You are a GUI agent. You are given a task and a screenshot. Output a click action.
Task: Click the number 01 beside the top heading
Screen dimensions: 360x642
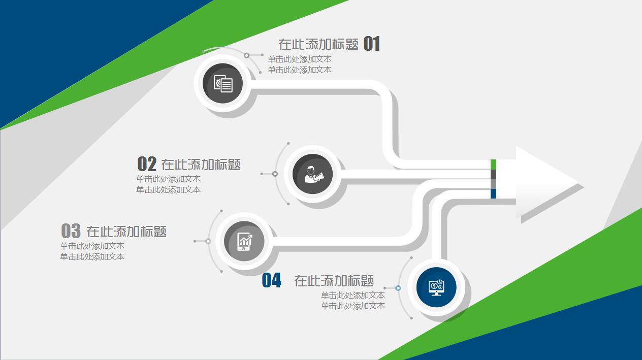tap(372, 44)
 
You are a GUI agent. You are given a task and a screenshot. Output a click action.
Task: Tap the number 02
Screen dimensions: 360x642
tap(147, 164)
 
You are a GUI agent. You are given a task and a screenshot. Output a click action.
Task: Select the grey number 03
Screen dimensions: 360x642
tap(71, 231)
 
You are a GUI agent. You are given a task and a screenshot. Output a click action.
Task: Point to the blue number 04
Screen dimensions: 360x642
tap(271, 280)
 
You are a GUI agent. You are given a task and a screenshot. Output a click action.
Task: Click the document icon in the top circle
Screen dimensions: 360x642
tap(223, 83)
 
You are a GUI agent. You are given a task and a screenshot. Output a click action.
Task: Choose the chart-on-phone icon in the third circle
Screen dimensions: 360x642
tap(245, 241)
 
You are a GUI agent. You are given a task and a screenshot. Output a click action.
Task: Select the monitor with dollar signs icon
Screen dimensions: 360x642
tap(436, 287)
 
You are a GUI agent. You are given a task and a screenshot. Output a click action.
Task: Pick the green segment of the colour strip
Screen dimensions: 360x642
tap(493, 164)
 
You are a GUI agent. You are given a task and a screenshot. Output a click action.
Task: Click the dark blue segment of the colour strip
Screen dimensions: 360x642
tap(493, 193)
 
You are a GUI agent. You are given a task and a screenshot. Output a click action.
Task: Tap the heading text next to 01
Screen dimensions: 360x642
tap(318, 44)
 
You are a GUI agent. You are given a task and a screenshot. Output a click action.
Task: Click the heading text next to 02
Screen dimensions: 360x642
tap(201, 165)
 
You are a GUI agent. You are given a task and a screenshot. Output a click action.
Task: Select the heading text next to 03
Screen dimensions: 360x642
tap(126, 232)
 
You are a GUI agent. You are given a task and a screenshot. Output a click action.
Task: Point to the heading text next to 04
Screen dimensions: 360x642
tap(334, 280)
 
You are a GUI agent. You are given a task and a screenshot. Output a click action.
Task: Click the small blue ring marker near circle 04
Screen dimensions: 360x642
tap(398, 288)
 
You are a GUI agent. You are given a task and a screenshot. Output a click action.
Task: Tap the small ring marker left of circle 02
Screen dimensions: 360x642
tap(275, 174)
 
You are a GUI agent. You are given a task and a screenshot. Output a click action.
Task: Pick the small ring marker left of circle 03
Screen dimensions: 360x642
tap(208, 241)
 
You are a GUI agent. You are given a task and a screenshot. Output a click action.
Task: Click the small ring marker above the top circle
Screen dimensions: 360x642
tap(246, 55)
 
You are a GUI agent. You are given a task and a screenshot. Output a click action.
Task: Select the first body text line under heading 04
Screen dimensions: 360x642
tap(352, 295)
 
